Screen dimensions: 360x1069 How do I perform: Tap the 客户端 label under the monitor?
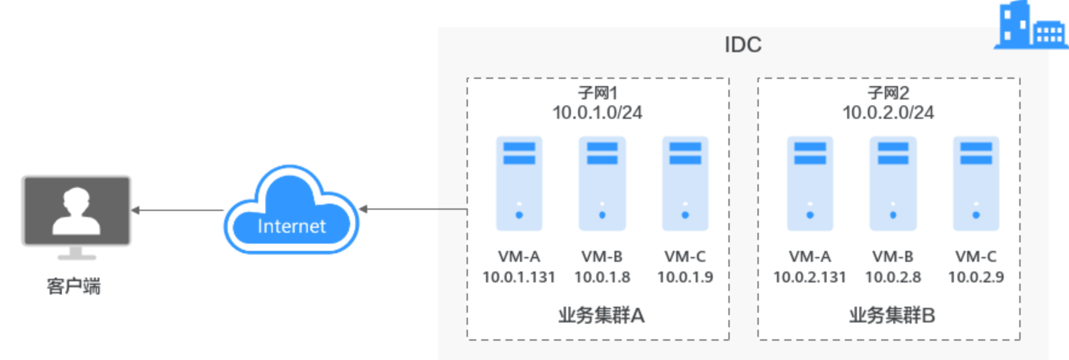point(74,285)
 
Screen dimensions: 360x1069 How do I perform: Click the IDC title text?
point(743,45)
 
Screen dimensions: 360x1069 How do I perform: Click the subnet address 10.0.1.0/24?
point(598,113)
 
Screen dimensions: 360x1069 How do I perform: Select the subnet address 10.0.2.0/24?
point(888,113)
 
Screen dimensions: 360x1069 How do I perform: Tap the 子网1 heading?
point(598,93)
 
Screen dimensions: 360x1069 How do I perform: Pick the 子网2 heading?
point(888,93)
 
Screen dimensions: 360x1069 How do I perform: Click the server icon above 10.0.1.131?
point(519,184)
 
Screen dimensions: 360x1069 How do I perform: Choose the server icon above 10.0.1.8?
point(602,184)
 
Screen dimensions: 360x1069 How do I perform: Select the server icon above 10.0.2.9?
point(976,184)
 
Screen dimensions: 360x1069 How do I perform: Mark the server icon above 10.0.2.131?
point(810,184)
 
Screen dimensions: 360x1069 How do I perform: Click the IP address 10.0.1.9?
point(685,277)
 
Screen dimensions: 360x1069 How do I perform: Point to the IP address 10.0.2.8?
point(893,277)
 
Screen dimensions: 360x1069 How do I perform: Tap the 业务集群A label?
point(601,315)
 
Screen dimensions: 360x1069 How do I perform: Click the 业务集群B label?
point(892,315)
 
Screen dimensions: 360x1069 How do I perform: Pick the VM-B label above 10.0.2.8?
point(893,257)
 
